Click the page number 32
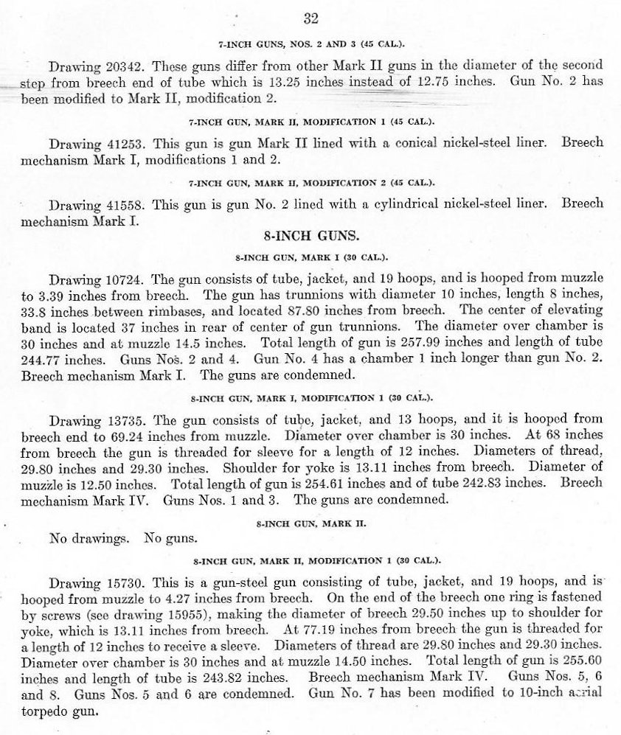pyautogui.click(x=310, y=18)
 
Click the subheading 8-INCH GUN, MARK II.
pyautogui.click(x=310, y=523)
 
